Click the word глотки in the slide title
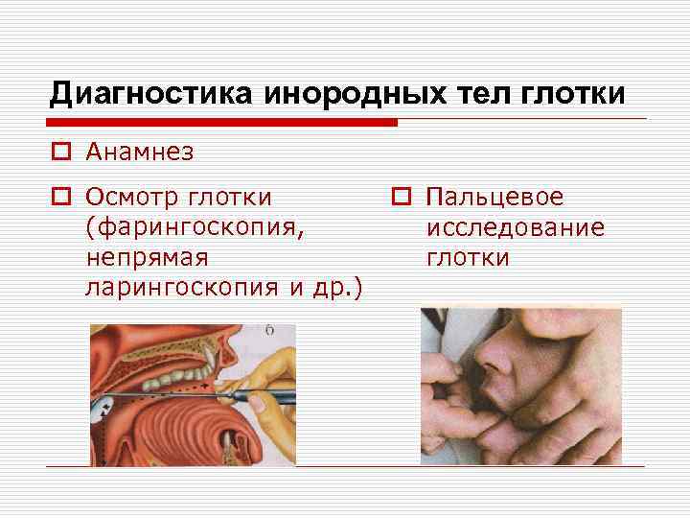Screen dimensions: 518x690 (572, 93)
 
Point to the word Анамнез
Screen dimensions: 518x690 (139, 152)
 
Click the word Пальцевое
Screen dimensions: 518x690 (495, 198)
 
